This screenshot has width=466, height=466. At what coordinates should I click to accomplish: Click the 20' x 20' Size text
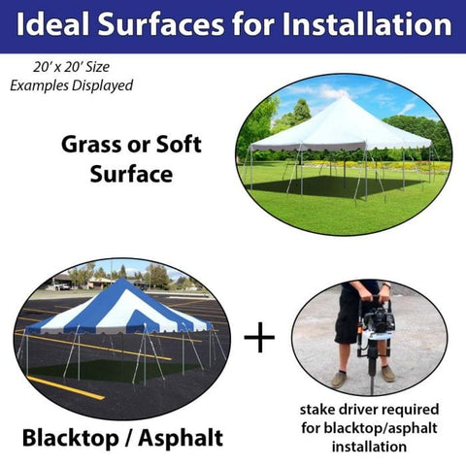(x=71, y=69)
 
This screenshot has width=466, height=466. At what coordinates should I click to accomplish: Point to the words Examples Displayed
(x=71, y=85)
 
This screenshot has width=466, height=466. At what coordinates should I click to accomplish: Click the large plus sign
(x=259, y=338)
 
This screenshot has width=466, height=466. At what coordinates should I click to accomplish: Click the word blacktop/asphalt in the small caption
(x=374, y=428)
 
